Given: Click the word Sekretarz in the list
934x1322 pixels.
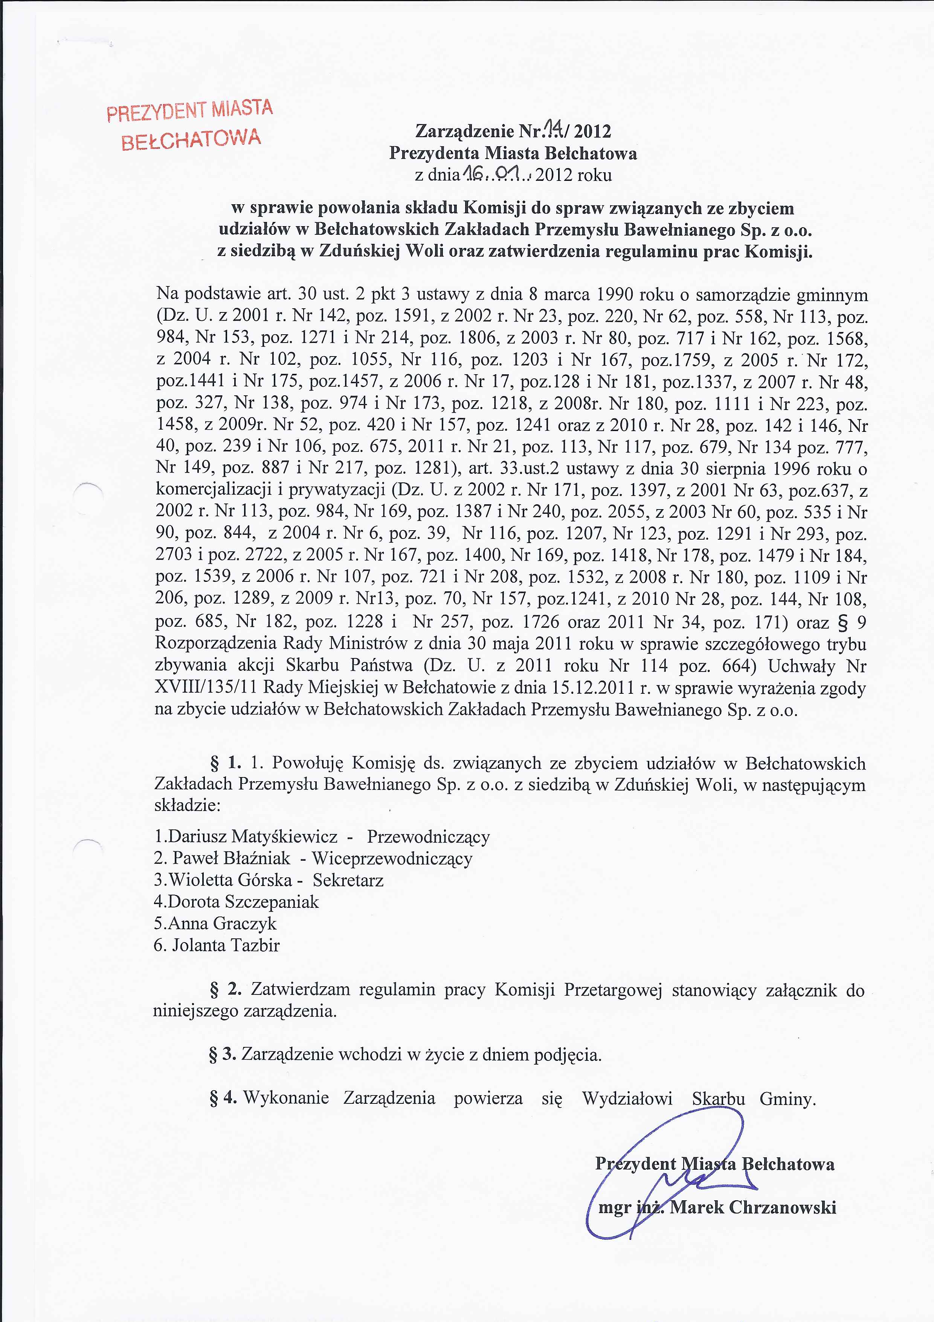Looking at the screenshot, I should [x=348, y=880].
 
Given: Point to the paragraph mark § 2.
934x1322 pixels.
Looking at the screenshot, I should [x=225, y=989].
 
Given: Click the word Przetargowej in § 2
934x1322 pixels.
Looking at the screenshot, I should [x=613, y=989].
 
